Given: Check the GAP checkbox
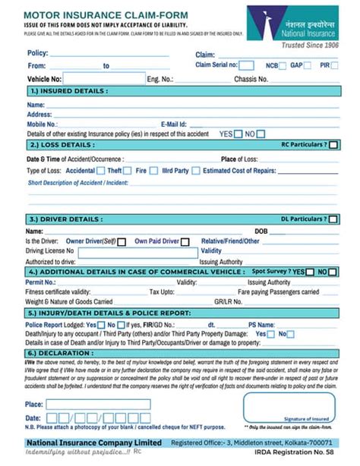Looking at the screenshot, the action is coord(308,66).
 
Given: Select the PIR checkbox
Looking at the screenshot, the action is coord(334,66).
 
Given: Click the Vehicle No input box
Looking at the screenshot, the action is coord(104,78).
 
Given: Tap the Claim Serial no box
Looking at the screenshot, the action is coord(247,65).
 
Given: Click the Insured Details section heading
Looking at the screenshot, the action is coord(68,90).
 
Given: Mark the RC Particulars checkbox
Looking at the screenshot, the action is coord(333,144).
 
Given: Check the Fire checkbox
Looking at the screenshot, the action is coord(155,171).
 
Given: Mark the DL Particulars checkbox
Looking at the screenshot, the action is coord(333,219).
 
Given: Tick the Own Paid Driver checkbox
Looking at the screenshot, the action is coord(185,241).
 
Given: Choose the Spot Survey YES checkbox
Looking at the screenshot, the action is coord(309,272).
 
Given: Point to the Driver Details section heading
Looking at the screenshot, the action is coord(65,219).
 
